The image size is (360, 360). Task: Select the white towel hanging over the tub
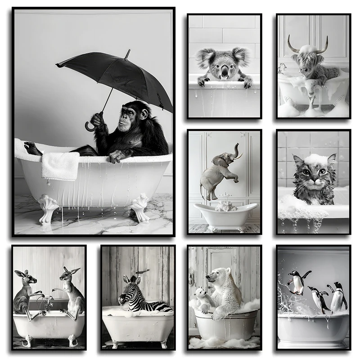pyautogui.click(x=60, y=165)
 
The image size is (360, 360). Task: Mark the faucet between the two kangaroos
pyautogui.click(x=46, y=299)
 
